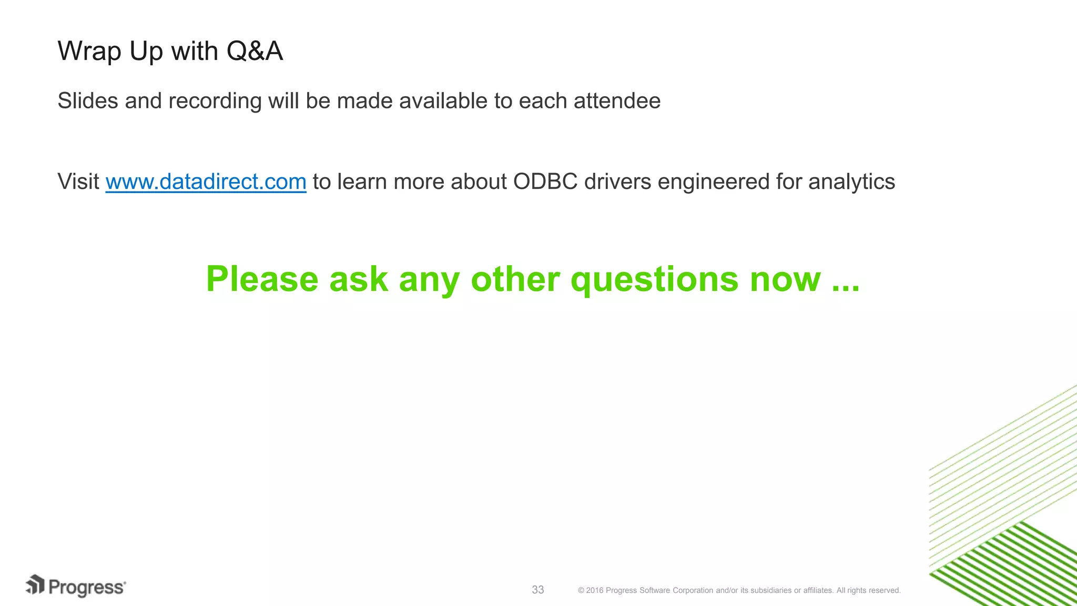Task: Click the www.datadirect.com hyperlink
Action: [206, 182]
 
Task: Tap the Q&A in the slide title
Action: [255, 52]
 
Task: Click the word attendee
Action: [617, 101]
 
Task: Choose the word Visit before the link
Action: [78, 182]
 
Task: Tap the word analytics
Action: [851, 182]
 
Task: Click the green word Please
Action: [262, 279]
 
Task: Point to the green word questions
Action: [654, 279]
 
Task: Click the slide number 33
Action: [538, 590]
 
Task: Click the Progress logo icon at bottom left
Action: [36, 585]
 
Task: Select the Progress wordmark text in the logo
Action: [87, 588]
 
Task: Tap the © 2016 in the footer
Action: [591, 590]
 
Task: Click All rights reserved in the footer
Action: [868, 590]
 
